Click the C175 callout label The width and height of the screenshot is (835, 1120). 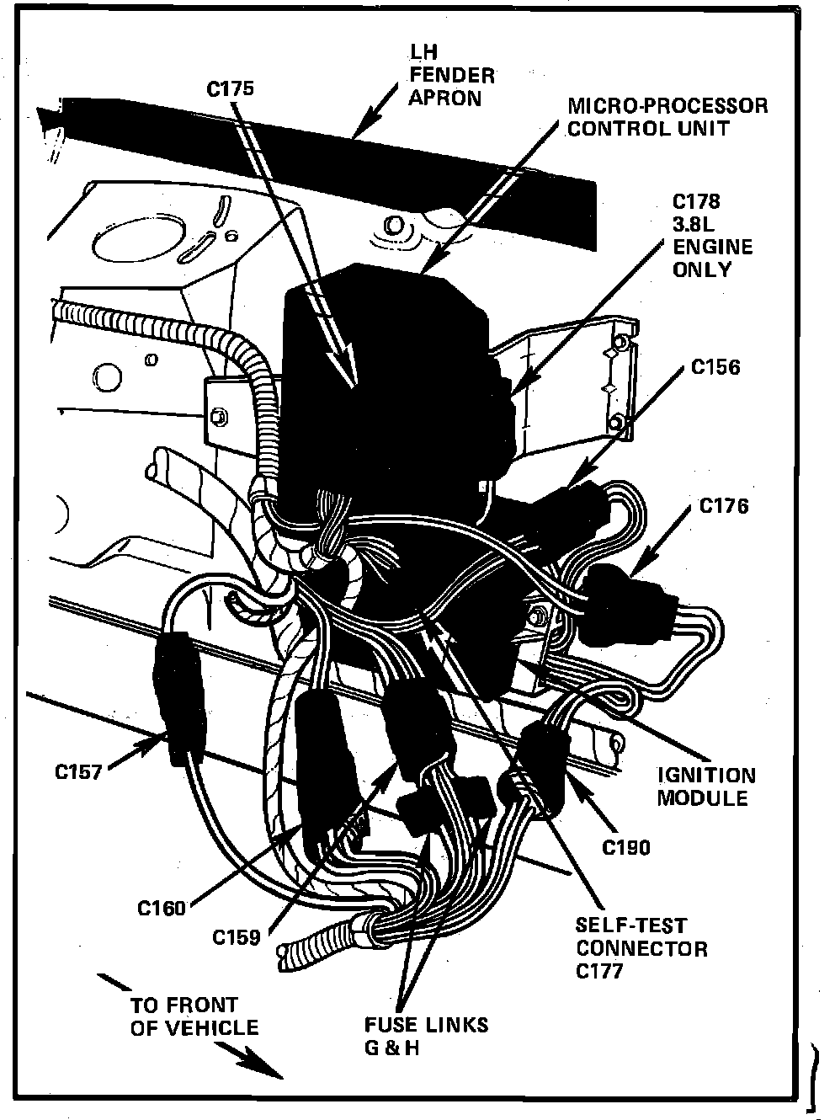(230, 88)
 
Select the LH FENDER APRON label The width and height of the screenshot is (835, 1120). (450, 77)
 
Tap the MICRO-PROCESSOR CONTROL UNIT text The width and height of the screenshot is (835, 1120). (667, 117)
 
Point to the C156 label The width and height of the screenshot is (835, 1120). (715, 367)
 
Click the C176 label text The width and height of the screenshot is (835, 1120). (724, 506)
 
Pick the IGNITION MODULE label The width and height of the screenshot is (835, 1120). (705, 787)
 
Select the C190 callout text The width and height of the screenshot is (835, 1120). (626, 847)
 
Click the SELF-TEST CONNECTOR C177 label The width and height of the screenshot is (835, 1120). (641, 949)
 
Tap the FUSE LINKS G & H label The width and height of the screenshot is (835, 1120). (425, 1035)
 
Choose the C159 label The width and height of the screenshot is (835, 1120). (236, 936)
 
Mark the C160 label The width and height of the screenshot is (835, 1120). (162, 909)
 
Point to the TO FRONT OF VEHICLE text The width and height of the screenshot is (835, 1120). (194, 1016)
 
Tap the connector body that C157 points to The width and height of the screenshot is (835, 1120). (178, 704)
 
